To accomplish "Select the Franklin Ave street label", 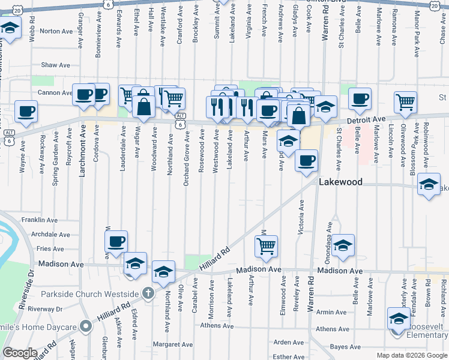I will click(x=39, y=220).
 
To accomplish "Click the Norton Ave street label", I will click(x=55, y=31).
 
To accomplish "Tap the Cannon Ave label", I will click(x=55, y=93).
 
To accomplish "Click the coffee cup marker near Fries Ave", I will click(x=116, y=242).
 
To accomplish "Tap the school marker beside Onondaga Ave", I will click(x=343, y=245).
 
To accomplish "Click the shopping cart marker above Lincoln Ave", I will click(x=406, y=101).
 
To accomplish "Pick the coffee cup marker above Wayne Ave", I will click(x=26, y=110).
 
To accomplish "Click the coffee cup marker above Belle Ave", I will click(x=360, y=99).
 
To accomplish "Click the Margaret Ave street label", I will click(x=172, y=344).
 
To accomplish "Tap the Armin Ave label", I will click(x=331, y=312).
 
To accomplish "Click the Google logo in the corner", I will click(x=20, y=353).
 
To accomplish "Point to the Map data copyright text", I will click(x=412, y=355).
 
